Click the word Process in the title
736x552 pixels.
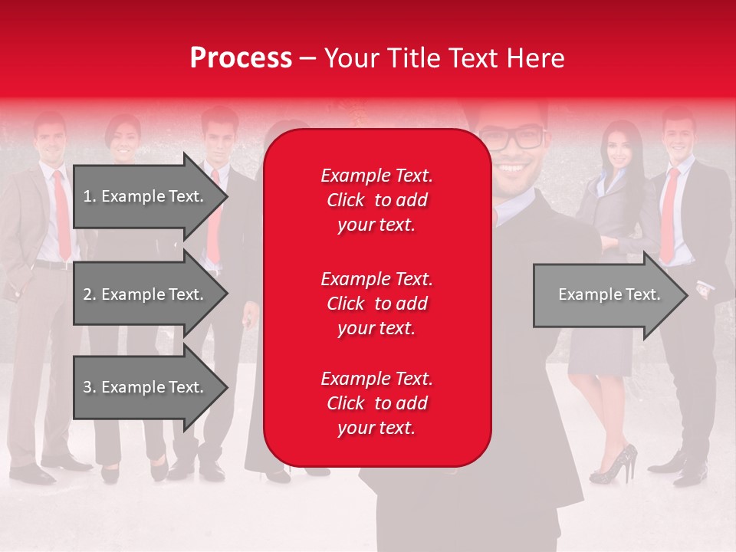click(x=241, y=58)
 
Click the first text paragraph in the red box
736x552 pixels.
click(x=376, y=200)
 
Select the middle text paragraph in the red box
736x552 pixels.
click(x=376, y=304)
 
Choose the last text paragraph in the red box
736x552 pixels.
click(x=376, y=403)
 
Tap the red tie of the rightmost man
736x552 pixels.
click(x=669, y=215)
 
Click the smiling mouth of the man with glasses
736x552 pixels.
click(x=514, y=164)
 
